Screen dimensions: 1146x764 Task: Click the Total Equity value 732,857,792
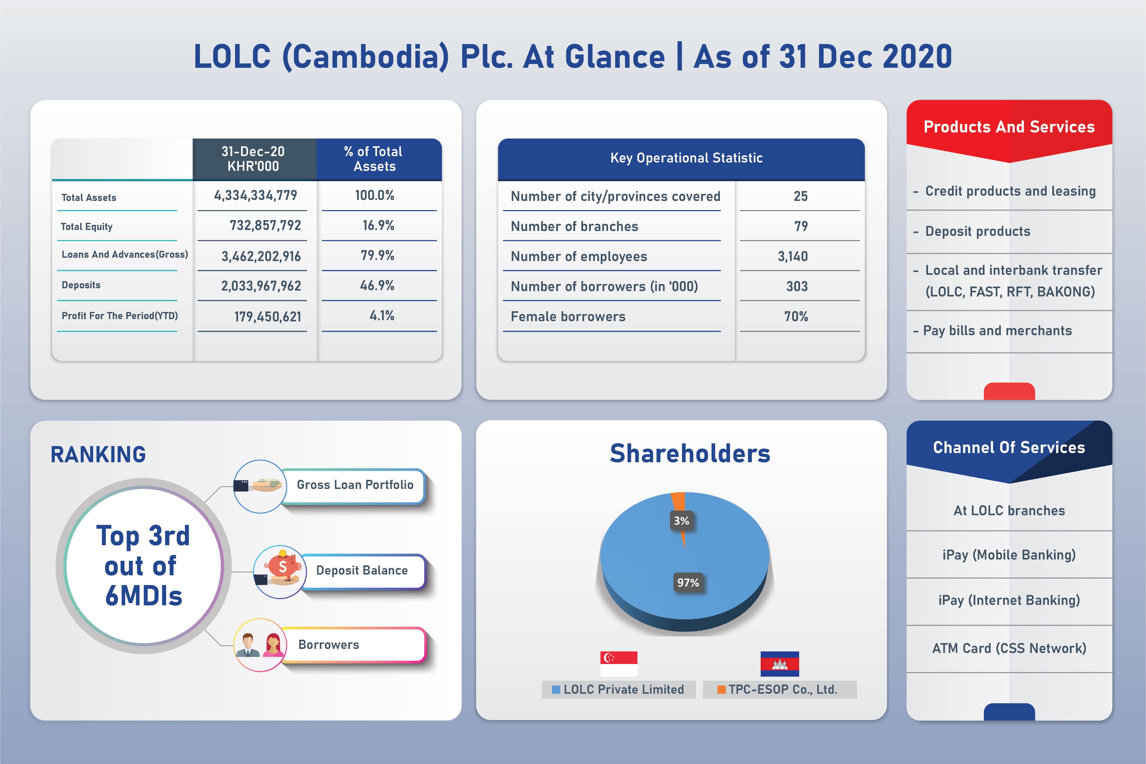(266, 226)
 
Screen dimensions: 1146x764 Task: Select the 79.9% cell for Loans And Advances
(378, 255)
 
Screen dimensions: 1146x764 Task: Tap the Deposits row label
(81, 285)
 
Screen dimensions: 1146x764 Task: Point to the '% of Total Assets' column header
(374, 159)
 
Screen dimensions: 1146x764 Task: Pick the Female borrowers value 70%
(796, 317)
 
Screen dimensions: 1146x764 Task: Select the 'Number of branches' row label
(575, 227)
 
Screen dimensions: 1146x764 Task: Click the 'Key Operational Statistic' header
(686, 158)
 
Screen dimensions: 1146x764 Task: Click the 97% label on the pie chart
(688, 582)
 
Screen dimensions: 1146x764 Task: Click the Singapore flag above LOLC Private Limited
(619, 664)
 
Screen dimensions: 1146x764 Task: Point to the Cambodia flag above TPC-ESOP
(780, 664)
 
